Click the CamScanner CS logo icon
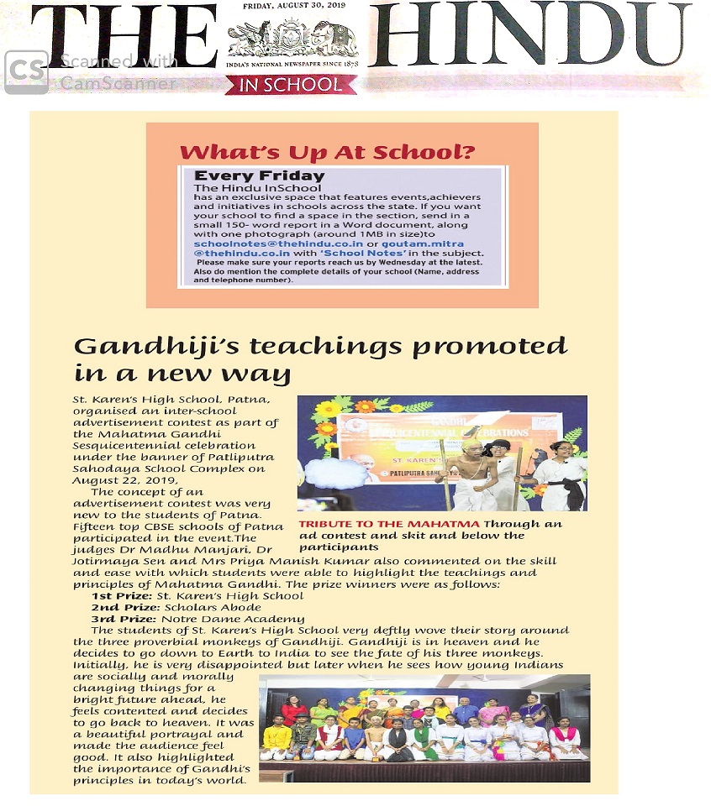26,72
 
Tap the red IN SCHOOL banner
291,85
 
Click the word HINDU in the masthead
529,36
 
